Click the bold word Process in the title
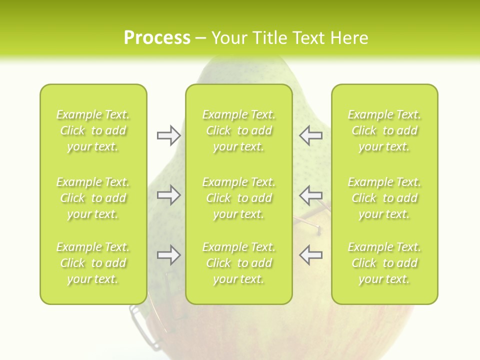(x=157, y=38)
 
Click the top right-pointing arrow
(x=168, y=135)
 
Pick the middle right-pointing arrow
(x=168, y=195)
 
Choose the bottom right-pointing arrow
(x=168, y=255)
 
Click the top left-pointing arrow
(x=310, y=135)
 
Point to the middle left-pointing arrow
(x=310, y=195)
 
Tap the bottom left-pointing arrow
(x=310, y=255)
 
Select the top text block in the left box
(x=93, y=130)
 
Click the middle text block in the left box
(x=93, y=198)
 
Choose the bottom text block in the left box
(x=93, y=263)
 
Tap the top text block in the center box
(x=238, y=130)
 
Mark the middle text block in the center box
(x=238, y=198)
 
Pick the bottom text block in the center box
(x=238, y=263)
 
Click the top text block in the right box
(x=384, y=130)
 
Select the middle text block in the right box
(x=384, y=198)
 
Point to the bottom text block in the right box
(x=384, y=263)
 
